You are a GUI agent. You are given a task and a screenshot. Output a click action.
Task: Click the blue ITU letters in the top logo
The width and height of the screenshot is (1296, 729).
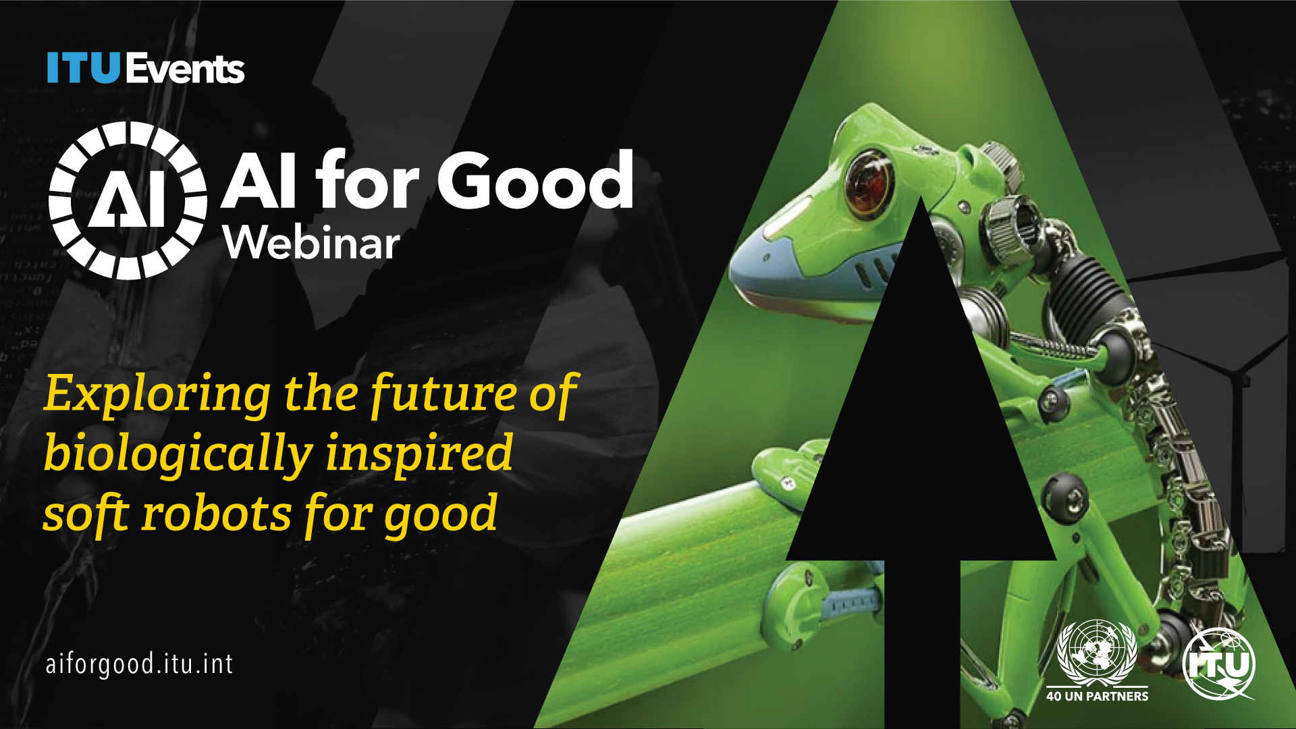[x=83, y=68]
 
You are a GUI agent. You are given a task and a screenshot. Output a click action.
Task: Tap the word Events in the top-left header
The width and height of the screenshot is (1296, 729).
[x=184, y=69]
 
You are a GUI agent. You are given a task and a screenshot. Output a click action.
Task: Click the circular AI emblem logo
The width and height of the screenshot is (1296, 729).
[x=128, y=200]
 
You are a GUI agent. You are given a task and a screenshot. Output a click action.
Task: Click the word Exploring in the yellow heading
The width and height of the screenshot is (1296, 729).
[x=157, y=394]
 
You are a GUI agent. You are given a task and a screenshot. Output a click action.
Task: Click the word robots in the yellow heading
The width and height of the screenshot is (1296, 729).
[x=216, y=514]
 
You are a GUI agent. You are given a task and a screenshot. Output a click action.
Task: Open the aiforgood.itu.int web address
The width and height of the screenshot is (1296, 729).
[x=140, y=664]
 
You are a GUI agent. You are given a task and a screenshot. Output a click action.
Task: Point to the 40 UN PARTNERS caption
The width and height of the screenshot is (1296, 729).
[x=1097, y=696]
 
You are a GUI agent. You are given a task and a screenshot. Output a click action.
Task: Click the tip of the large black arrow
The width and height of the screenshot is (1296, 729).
[x=921, y=198]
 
